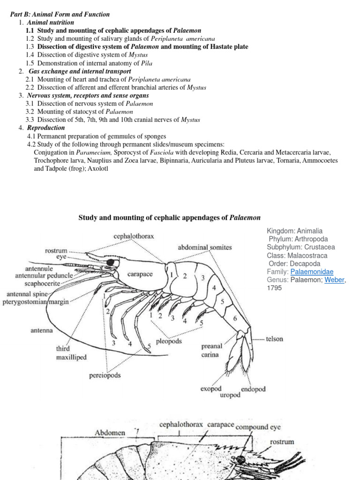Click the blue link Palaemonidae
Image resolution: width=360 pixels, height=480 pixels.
(x=312, y=272)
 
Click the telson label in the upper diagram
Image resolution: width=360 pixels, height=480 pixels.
(x=274, y=339)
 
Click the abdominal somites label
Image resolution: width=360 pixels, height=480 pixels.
(x=205, y=247)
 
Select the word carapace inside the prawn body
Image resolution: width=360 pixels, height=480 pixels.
(x=140, y=274)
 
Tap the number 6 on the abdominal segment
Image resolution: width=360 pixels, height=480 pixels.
(x=235, y=319)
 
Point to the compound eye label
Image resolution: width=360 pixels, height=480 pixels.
(x=258, y=427)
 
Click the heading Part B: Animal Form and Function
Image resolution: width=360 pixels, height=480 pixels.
(x=60, y=15)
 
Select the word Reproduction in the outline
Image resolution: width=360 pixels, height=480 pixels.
(x=46, y=128)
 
